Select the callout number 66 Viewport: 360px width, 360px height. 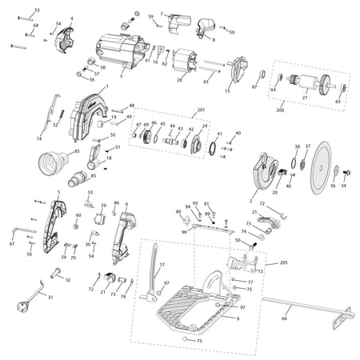pos(283,318)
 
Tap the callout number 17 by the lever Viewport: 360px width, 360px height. pos(162,265)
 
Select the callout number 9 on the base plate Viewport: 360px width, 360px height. pos(237,319)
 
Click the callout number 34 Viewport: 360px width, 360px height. pos(344,186)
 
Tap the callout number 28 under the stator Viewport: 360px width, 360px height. pos(179,80)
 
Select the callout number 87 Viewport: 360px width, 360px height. pos(254,86)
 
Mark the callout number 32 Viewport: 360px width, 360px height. pos(68,280)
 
